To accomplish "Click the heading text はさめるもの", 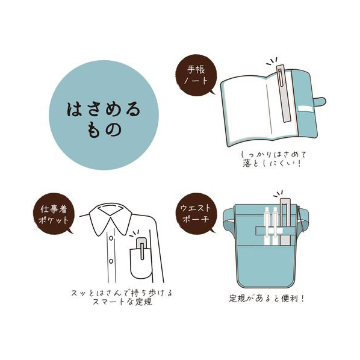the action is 104,119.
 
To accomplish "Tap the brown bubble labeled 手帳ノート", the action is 196,75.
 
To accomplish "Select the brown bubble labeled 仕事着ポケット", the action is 54,214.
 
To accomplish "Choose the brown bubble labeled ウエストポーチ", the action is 196,214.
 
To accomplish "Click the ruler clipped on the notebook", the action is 284,93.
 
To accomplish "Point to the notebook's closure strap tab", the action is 319,102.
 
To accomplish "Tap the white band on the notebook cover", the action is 306,110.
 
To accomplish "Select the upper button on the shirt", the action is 111,238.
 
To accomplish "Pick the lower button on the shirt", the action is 111,261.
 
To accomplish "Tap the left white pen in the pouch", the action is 267,226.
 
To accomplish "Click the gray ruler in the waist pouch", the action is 285,222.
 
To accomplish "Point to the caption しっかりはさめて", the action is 274,155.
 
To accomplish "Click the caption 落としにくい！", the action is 272,164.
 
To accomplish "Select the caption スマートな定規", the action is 122,302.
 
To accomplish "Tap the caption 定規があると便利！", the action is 267,299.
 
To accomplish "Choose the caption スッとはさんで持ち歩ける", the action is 122,293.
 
